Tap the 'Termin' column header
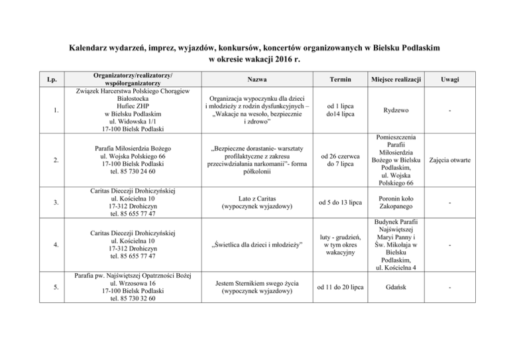pos(335,79)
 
